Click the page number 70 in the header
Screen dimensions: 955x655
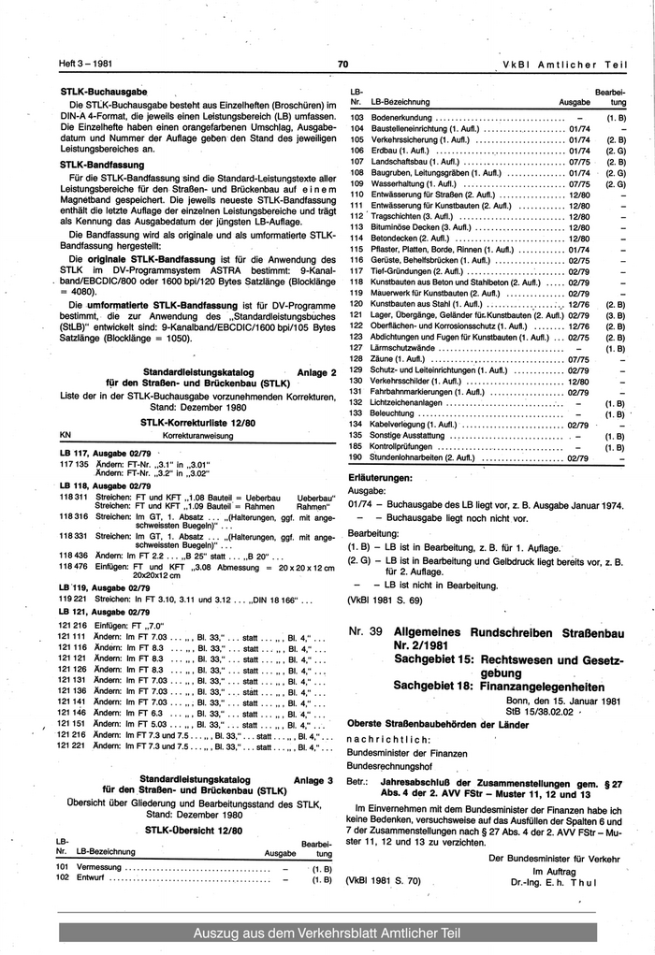pos(342,65)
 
